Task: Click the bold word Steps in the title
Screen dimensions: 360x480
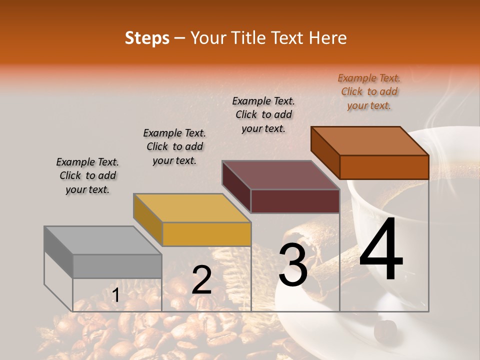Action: (147, 38)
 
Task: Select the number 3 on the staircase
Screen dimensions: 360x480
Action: (292, 265)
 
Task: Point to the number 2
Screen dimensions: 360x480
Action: (201, 280)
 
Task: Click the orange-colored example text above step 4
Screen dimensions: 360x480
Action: (369, 92)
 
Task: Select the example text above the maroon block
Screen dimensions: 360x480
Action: (263, 114)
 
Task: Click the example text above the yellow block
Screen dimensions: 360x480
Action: (174, 146)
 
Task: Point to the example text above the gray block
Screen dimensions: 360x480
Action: (87, 175)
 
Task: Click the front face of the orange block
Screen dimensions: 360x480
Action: (384, 167)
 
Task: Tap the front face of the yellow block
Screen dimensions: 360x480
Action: (206, 234)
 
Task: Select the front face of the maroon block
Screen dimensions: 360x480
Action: (295, 201)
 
